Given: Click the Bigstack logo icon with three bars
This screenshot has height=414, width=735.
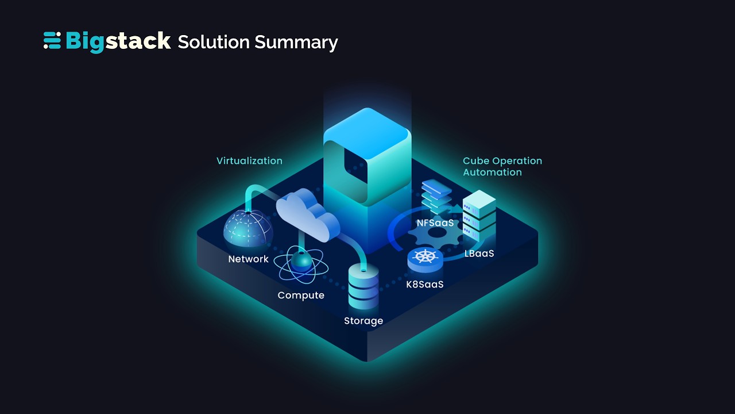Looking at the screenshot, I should click(52, 41).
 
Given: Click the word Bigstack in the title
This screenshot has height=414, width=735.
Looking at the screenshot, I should click(118, 41).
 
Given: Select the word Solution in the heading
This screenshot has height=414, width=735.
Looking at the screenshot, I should click(214, 42).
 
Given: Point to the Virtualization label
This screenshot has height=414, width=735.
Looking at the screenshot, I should click(249, 161).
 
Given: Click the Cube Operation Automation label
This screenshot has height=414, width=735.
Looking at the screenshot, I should click(502, 167).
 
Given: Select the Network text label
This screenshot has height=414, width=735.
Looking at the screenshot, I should click(248, 259).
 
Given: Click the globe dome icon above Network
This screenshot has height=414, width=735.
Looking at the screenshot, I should click(247, 229).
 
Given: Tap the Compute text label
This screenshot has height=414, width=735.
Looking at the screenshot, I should click(301, 296).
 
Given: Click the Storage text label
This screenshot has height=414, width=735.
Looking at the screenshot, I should click(363, 321).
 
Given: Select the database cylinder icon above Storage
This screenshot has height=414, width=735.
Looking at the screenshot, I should click(363, 287).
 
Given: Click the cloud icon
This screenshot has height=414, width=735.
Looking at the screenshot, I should click(307, 216).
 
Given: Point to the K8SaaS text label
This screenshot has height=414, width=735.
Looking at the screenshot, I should click(425, 284).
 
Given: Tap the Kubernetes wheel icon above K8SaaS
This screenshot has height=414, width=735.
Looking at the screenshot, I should click(425, 258).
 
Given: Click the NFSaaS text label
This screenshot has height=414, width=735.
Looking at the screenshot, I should click(435, 223).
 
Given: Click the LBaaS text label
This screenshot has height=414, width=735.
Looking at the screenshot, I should click(479, 254).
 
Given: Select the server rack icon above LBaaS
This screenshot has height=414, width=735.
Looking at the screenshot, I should click(479, 216).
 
